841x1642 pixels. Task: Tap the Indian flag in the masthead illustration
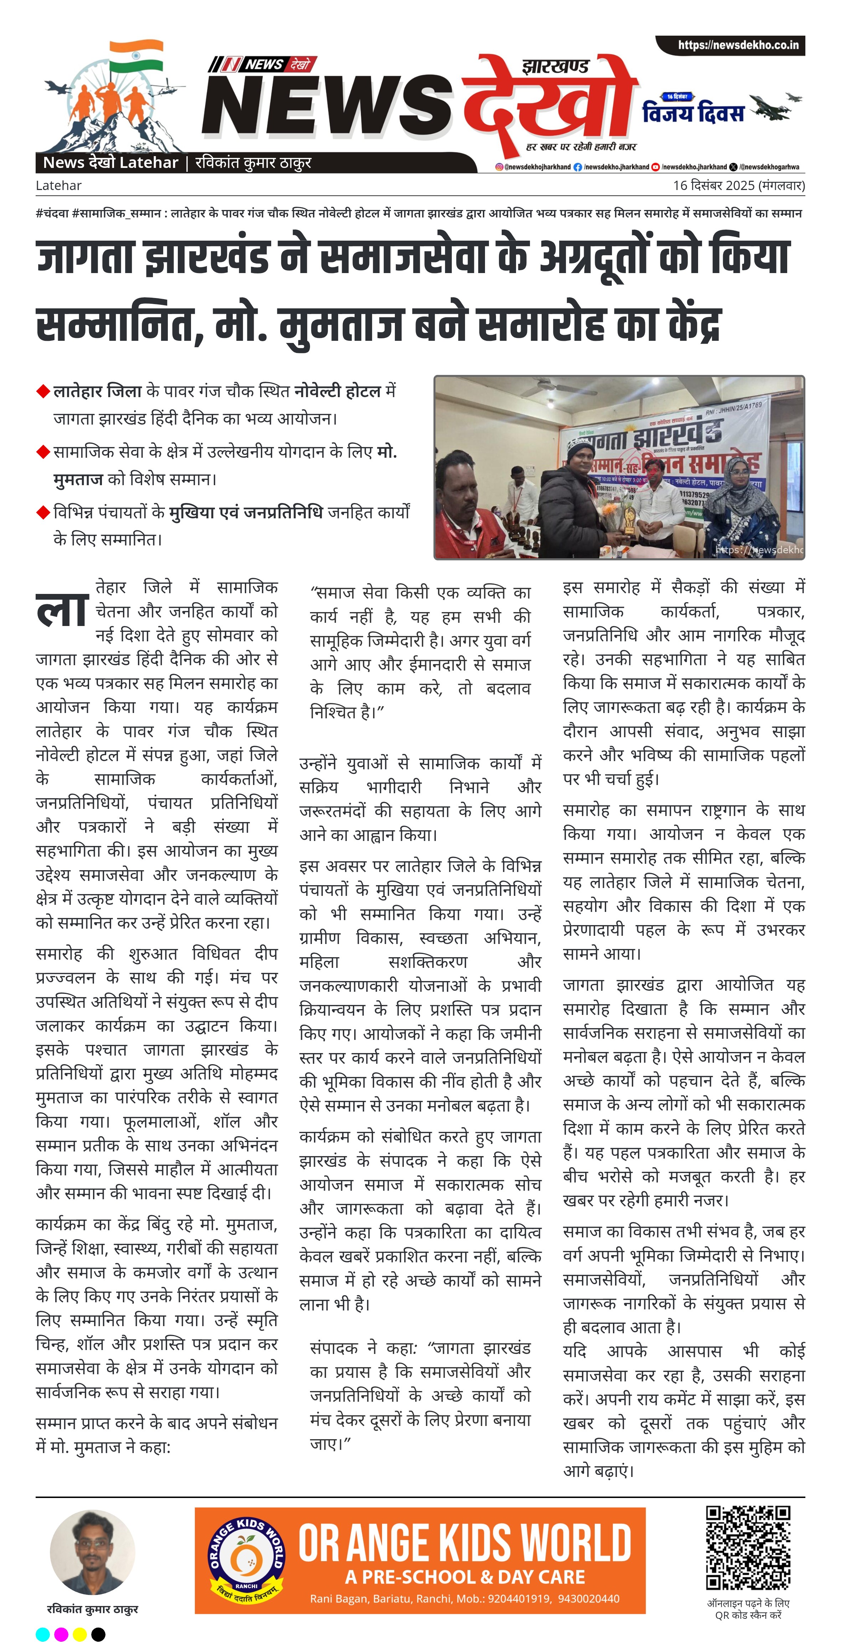[136, 56]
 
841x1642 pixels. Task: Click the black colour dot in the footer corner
[98, 1634]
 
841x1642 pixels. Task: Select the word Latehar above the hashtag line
[58, 185]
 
